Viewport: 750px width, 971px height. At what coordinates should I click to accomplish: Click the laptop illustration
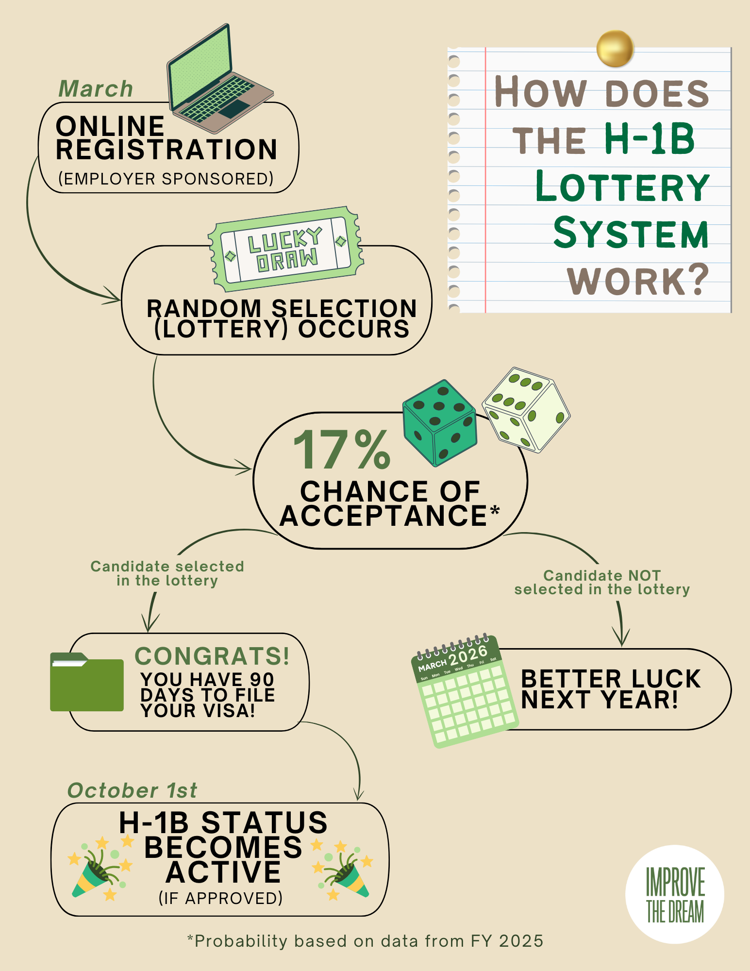click(218, 80)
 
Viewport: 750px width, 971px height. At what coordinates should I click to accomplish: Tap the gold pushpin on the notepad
click(615, 49)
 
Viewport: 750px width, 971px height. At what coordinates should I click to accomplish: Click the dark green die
click(440, 422)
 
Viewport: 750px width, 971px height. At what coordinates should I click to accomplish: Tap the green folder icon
click(87, 683)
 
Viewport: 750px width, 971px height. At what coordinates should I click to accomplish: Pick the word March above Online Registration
click(96, 89)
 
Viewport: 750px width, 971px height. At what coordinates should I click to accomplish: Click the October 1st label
click(132, 790)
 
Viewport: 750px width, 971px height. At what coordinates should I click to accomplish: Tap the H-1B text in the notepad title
click(650, 139)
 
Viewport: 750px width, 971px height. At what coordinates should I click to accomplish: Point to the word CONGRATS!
click(212, 656)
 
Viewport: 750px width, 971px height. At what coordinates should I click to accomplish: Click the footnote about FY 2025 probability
click(365, 941)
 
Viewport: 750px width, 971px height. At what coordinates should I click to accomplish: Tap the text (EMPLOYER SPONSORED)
click(166, 179)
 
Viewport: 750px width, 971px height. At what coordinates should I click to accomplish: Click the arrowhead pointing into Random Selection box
click(115, 297)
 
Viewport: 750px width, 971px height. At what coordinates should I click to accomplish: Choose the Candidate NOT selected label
click(602, 582)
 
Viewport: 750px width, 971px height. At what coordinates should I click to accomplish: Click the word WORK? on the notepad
click(638, 281)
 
